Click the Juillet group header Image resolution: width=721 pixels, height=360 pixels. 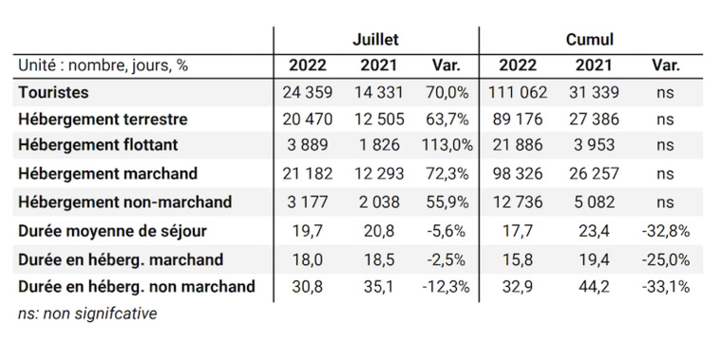tap(375, 40)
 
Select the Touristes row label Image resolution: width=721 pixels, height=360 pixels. tap(53, 92)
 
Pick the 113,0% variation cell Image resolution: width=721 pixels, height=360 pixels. tap(446, 146)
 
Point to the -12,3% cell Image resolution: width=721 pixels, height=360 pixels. tap(446, 286)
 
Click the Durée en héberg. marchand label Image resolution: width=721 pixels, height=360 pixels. tap(120, 259)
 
